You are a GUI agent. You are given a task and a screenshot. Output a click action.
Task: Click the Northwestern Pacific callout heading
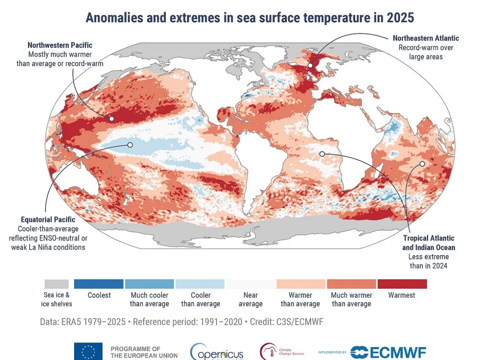(60, 45)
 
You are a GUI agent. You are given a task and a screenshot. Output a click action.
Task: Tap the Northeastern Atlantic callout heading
(426, 38)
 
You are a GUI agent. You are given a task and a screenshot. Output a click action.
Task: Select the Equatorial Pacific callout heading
(48, 220)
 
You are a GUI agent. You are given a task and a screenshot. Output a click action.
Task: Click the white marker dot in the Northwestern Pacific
(112, 119)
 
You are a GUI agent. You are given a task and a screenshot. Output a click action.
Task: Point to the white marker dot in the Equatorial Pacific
(130, 145)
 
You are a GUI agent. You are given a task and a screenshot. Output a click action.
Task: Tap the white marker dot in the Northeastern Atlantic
(310, 65)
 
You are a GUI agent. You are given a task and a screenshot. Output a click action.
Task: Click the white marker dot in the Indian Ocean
(422, 164)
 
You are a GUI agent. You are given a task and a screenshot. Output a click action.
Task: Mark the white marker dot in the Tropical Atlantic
(322, 154)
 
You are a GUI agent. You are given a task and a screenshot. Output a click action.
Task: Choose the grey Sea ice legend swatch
(57, 284)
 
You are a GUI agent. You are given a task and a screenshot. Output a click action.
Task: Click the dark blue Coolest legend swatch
(99, 284)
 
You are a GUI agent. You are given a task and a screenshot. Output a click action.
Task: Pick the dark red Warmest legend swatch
(402, 284)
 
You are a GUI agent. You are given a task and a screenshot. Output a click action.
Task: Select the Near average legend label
(250, 299)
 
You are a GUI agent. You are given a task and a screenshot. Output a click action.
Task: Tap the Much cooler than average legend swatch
(150, 284)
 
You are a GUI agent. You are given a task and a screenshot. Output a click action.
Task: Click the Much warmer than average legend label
(351, 299)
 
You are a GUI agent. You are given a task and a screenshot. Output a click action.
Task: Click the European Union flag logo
(88, 351)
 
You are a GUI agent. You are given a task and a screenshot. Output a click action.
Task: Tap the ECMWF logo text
(394, 352)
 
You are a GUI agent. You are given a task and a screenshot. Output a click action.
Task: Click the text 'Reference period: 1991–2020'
(179, 322)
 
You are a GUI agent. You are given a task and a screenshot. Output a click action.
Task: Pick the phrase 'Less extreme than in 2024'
(428, 261)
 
